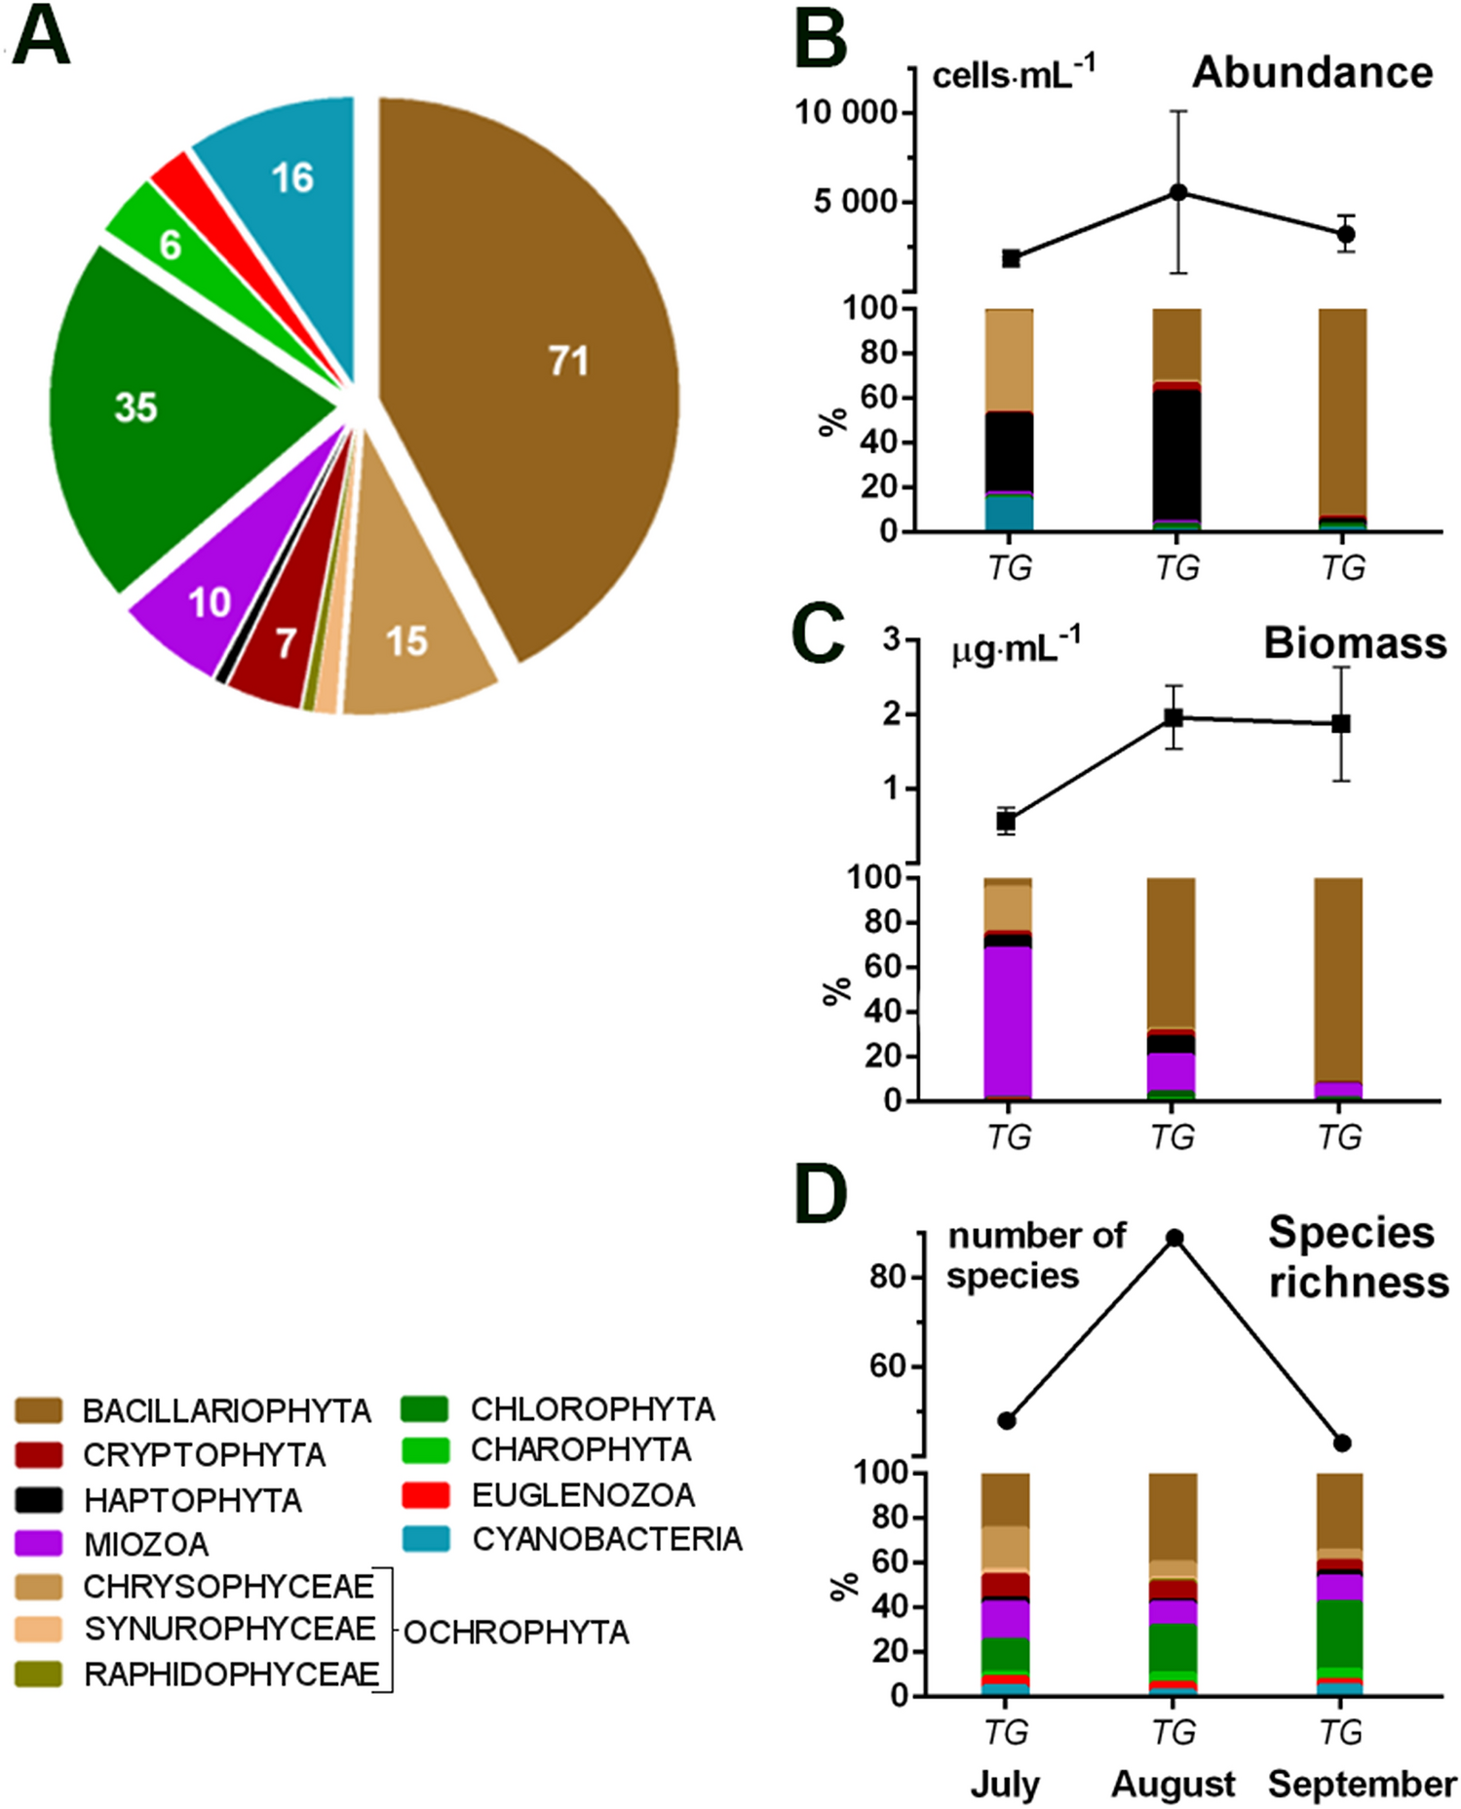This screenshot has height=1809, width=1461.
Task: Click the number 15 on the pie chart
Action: [406, 641]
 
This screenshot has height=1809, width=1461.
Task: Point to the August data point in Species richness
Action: [1174, 1238]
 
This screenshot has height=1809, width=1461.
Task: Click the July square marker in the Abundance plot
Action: [1011, 258]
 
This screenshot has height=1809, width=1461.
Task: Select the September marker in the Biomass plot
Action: [1341, 723]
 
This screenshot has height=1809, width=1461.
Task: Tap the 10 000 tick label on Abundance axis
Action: [845, 113]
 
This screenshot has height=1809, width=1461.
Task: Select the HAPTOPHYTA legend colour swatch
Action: [39, 1499]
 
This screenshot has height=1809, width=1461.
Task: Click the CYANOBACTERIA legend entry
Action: [606, 1539]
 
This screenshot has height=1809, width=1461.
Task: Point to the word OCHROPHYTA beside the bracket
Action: [516, 1632]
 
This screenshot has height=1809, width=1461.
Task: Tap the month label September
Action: [1361, 1784]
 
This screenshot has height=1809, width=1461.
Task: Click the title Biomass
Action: [1354, 643]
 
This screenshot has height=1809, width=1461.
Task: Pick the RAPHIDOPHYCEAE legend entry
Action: [230, 1674]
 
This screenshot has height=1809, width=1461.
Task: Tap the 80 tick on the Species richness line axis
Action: [887, 1276]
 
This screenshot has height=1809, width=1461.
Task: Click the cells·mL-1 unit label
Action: [1013, 74]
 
